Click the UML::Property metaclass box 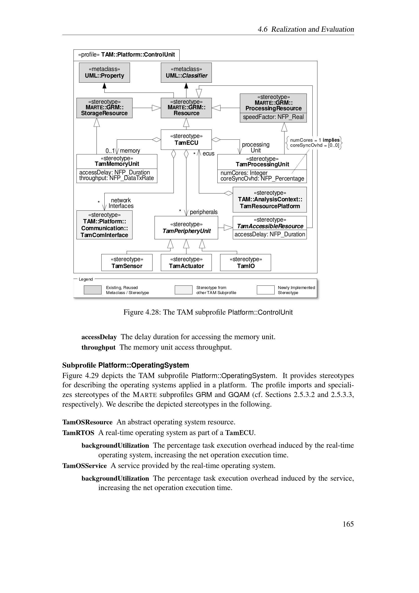104,73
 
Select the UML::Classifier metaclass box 186,73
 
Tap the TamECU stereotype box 186,139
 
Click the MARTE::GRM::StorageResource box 104,108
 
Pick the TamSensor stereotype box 127,262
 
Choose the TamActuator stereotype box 186,262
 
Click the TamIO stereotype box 245,262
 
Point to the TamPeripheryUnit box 186,227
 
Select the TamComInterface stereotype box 104,225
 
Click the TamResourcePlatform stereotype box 270,199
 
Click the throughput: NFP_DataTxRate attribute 116,178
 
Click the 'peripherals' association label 204,212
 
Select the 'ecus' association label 208,154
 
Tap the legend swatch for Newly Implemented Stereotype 265,290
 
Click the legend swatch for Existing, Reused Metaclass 92,290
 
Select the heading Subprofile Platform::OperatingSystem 126,365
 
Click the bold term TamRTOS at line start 78,433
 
